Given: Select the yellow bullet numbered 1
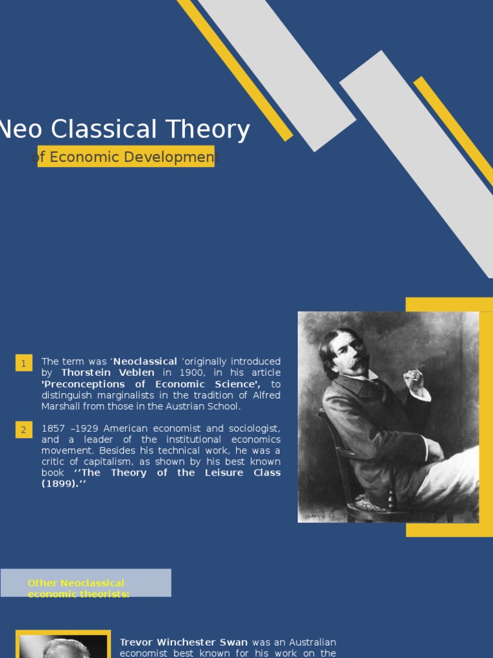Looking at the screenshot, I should coord(24,363).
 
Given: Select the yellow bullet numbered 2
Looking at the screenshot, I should coord(24,429).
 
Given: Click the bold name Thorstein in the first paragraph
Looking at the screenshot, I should coord(86,373).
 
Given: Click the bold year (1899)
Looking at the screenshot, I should coord(60,483).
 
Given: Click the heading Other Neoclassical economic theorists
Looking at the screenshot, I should coord(78,588).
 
